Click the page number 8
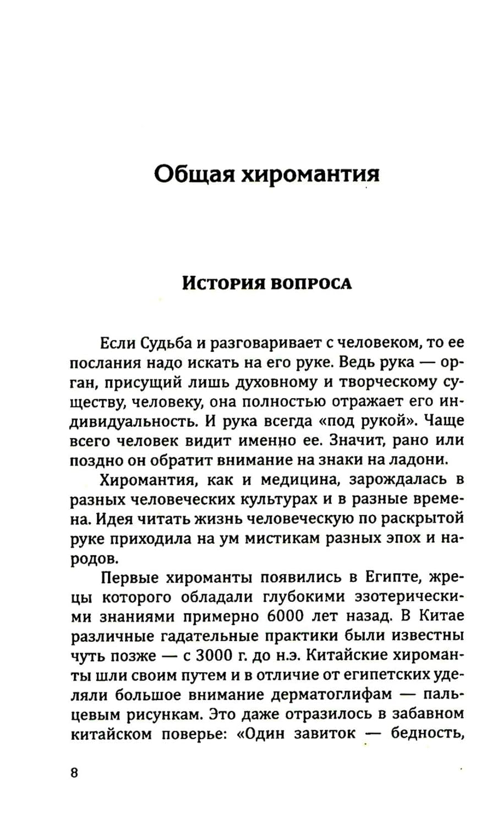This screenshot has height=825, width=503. pos(74,773)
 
